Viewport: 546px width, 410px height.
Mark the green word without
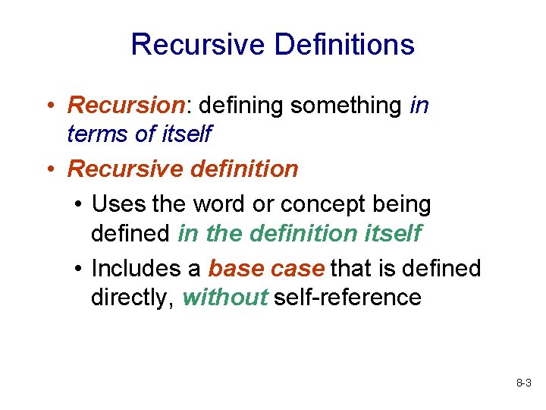point(224,297)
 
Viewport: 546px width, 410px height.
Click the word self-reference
point(347,297)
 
